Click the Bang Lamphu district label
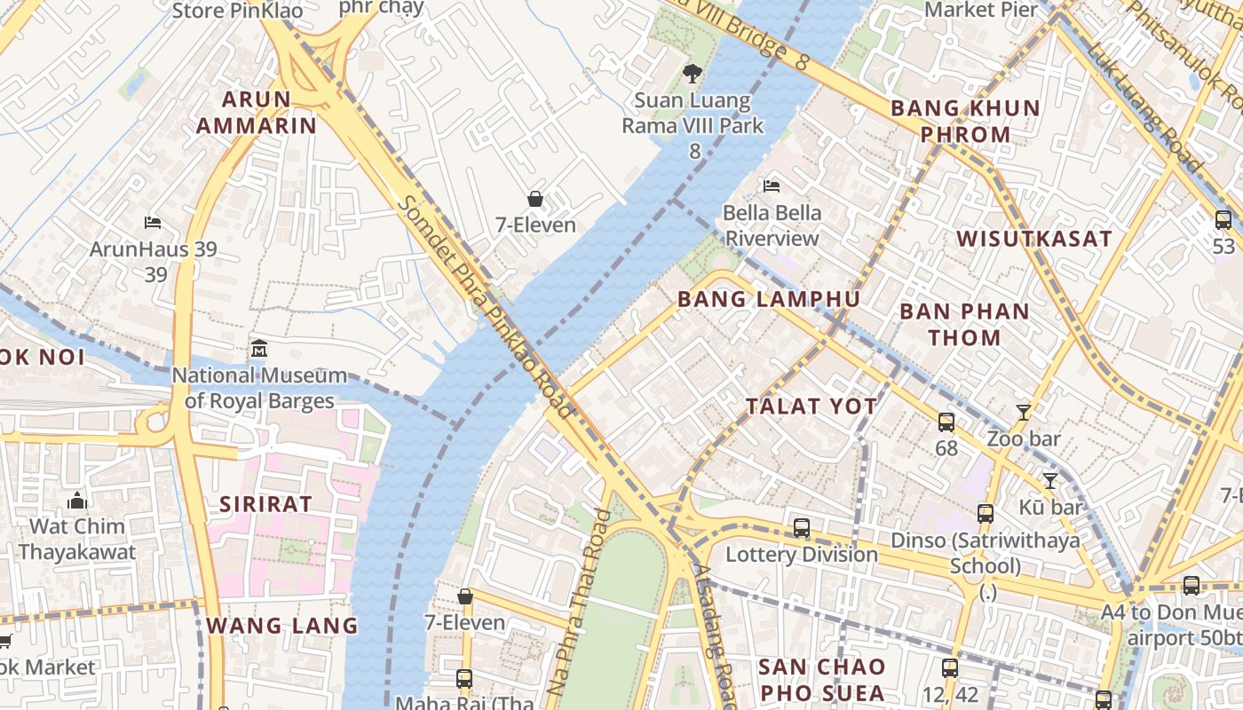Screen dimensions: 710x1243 click(x=769, y=299)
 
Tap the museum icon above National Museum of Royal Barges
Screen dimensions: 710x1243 click(x=259, y=348)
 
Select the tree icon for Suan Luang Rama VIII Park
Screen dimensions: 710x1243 click(x=692, y=74)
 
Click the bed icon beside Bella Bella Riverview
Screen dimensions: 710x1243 click(x=772, y=186)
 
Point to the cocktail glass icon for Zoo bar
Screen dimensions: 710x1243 click(x=1024, y=412)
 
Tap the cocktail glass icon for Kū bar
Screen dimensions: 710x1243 click(x=1050, y=481)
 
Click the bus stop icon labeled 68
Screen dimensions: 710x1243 click(x=946, y=422)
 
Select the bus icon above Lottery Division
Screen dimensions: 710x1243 click(x=802, y=528)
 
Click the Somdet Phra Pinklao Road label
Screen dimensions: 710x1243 click(x=485, y=306)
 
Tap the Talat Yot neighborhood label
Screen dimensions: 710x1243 click(x=812, y=406)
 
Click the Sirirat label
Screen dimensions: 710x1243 click(x=266, y=504)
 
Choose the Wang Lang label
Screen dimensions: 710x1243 click(x=282, y=626)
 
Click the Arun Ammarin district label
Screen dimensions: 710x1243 click(x=256, y=113)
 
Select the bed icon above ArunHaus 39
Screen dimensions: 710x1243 click(x=153, y=222)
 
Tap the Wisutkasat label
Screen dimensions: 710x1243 click(x=1034, y=239)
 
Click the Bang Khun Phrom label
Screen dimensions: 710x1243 click(x=965, y=122)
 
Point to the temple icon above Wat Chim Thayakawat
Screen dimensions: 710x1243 click(x=77, y=501)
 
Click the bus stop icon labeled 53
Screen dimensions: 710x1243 click(x=1223, y=219)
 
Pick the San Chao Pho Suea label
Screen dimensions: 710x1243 click(x=822, y=680)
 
